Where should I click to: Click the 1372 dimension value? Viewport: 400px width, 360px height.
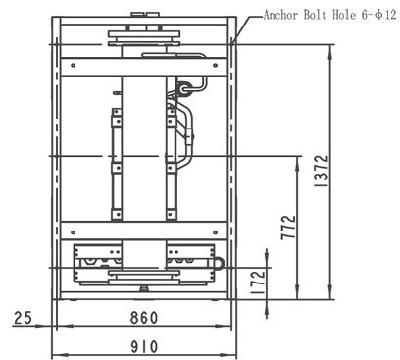pos(321,171)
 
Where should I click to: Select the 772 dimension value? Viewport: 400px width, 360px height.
pos(288,228)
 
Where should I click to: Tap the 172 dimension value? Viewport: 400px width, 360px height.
pos(258,282)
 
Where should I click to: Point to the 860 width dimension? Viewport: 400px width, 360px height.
pos(144,318)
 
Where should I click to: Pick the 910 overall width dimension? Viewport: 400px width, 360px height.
pos(144,347)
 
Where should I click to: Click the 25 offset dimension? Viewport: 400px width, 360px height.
pos(23,318)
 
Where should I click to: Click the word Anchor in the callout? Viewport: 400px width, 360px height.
pos(280,15)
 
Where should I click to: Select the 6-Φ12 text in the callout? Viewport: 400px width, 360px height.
pos(378,15)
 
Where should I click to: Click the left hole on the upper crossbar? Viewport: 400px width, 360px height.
pos(73,65)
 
